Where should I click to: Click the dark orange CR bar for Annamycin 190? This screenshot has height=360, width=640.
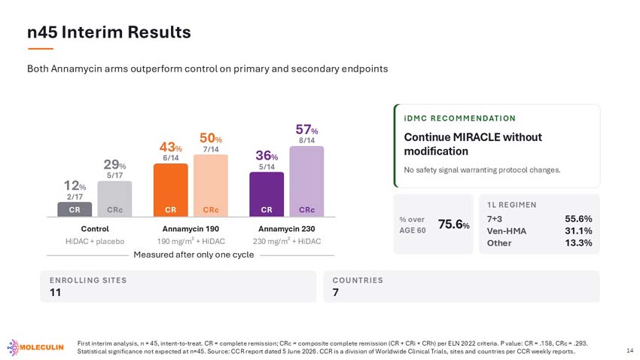pyautogui.click(x=171, y=190)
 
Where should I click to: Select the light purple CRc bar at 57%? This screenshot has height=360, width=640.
pyautogui.click(x=306, y=182)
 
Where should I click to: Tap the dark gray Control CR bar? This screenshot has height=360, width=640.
pyautogui.click(x=75, y=209)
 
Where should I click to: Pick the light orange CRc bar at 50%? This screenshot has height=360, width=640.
pyautogui.click(x=211, y=185)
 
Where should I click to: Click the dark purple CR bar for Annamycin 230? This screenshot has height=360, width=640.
pyautogui.click(x=267, y=194)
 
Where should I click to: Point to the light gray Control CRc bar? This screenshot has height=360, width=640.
pyautogui.click(x=114, y=199)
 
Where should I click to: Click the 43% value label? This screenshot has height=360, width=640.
pyautogui.click(x=171, y=147)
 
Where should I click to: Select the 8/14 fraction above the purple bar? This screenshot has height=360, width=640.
pyautogui.click(x=306, y=140)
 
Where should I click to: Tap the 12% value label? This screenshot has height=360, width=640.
pyautogui.click(x=75, y=186)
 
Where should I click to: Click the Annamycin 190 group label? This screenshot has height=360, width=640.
pyautogui.click(x=190, y=229)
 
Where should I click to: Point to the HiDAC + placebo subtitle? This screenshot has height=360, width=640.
pyautogui.click(x=95, y=241)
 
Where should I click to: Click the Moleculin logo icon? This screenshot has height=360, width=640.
pyautogui.click(x=13, y=347)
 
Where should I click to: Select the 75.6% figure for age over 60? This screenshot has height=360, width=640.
pyautogui.click(x=453, y=224)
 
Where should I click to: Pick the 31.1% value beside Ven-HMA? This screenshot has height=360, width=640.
pyautogui.click(x=578, y=231)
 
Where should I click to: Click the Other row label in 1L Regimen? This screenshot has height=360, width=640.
pyautogui.click(x=498, y=243)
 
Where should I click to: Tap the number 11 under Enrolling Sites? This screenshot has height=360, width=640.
pyautogui.click(x=55, y=293)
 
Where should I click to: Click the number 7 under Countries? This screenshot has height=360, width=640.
pyautogui.click(x=336, y=293)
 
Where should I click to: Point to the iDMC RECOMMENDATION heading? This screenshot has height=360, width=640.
pyautogui.click(x=459, y=118)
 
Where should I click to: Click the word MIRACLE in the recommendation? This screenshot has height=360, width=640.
pyautogui.click(x=477, y=137)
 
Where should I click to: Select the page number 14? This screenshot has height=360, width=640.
pyautogui.click(x=629, y=351)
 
